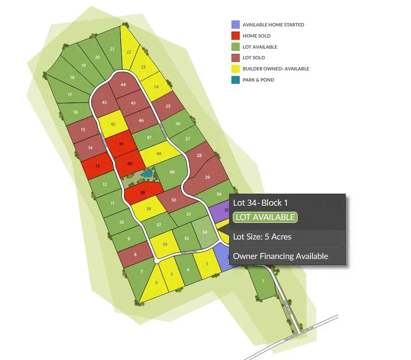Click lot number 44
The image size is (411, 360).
(123, 84)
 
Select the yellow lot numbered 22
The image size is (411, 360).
(129, 52)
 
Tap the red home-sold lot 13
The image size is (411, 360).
(97, 166)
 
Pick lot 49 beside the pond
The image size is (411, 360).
(172, 172)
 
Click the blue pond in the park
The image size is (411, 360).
(147, 174)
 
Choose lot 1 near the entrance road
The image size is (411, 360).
(262, 281)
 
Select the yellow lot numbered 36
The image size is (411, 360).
(165, 244)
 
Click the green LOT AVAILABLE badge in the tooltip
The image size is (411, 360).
(265, 217)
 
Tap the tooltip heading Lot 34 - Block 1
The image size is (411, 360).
(261, 202)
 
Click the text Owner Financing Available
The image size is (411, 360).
(280, 256)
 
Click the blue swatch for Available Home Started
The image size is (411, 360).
(235, 25)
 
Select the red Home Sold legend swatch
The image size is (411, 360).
(235, 36)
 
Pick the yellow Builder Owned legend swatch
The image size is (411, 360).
(235, 69)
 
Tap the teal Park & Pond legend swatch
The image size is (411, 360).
(235, 80)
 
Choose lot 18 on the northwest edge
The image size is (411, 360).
(72, 77)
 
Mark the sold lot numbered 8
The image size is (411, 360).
(135, 255)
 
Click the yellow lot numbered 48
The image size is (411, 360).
(159, 154)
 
